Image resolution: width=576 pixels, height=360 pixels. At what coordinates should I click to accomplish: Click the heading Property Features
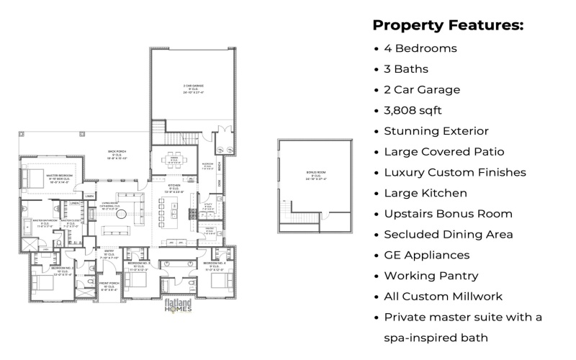[447, 25]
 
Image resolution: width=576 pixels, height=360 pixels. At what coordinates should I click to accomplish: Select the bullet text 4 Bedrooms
[420, 48]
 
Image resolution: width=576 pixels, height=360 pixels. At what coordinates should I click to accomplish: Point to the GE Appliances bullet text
[427, 255]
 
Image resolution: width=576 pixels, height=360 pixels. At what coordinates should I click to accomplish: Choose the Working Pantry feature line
[431, 276]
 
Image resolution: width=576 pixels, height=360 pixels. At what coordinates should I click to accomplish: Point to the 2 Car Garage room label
[193, 89]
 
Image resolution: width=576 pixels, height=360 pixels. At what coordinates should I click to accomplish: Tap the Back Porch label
[117, 153]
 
